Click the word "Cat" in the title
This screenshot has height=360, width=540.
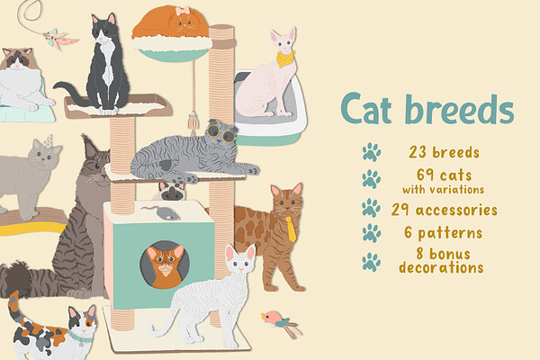click(x=366, y=109)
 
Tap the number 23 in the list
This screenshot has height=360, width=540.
click(x=418, y=152)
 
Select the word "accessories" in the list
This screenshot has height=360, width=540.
click(x=456, y=210)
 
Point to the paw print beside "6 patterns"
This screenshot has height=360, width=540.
click(x=371, y=233)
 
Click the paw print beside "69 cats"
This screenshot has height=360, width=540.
click(x=371, y=179)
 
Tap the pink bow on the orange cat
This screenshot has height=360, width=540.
click(x=183, y=11)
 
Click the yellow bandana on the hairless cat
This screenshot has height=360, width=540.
click(x=285, y=59)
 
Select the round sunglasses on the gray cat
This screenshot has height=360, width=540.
click(x=221, y=134)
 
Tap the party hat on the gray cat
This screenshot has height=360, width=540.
click(x=49, y=141)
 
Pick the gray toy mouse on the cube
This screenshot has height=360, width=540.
click(x=161, y=212)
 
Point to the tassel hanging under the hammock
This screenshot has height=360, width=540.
click(x=193, y=121)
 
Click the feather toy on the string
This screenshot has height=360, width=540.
click(x=60, y=39)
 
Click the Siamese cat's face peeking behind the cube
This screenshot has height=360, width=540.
click(x=172, y=192)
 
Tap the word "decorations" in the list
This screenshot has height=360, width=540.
click(x=441, y=267)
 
